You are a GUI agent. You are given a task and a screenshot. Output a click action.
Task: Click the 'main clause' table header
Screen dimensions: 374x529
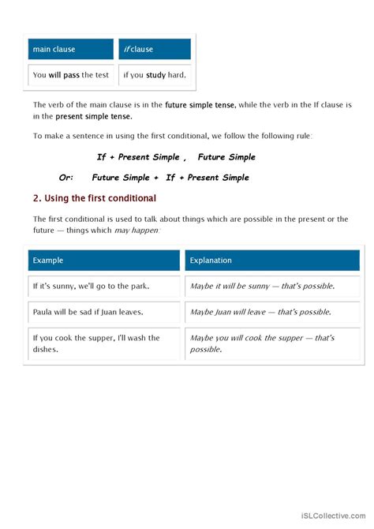pyautogui.click(x=71, y=50)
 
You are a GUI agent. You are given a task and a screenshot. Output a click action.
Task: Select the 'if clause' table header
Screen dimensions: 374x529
pyautogui.click(x=155, y=50)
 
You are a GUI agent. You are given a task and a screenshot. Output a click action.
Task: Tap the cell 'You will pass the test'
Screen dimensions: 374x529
pyautogui.click(x=71, y=76)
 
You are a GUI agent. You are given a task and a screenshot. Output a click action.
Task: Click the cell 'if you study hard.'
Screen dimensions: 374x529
pyautogui.click(x=155, y=76)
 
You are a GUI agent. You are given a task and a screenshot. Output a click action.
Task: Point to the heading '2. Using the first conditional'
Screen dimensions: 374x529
pyautogui.click(x=95, y=198)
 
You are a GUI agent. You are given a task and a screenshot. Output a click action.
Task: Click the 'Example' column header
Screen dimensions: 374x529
pyautogui.click(x=104, y=260)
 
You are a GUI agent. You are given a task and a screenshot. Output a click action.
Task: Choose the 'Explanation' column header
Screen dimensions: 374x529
pyautogui.click(x=272, y=260)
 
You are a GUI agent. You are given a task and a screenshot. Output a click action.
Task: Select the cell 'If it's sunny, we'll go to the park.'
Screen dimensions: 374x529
pyautogui.click(x=104, y=286)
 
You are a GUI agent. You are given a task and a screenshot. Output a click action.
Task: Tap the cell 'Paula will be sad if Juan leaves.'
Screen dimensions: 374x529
pyautogui.click(x=104, y=312)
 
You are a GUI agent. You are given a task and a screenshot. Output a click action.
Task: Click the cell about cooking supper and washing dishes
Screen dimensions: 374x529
pyautogui.click(x=104, y=343)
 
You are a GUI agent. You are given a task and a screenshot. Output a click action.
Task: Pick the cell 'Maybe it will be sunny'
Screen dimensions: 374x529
pyautogui.click(x=272, y=286)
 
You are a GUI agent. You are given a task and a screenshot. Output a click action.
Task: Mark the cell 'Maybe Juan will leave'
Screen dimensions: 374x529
pyautogui.click(x=272, y=312)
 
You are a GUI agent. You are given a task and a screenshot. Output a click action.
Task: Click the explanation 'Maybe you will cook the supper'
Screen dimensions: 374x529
pyautogui.click(x=272, y=343)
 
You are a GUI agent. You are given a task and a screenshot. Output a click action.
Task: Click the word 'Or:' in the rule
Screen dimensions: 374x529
pyautogui.click(x=72, y=178)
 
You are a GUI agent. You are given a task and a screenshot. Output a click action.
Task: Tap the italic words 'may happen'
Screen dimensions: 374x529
pyautogui.click(x=140, y=230)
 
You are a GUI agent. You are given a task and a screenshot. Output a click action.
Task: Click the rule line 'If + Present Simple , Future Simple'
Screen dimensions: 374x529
pyautogui.click(x=176, y=157)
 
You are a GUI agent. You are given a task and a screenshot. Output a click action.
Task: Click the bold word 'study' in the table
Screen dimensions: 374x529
pyautogui.click(x=156, y=76)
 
